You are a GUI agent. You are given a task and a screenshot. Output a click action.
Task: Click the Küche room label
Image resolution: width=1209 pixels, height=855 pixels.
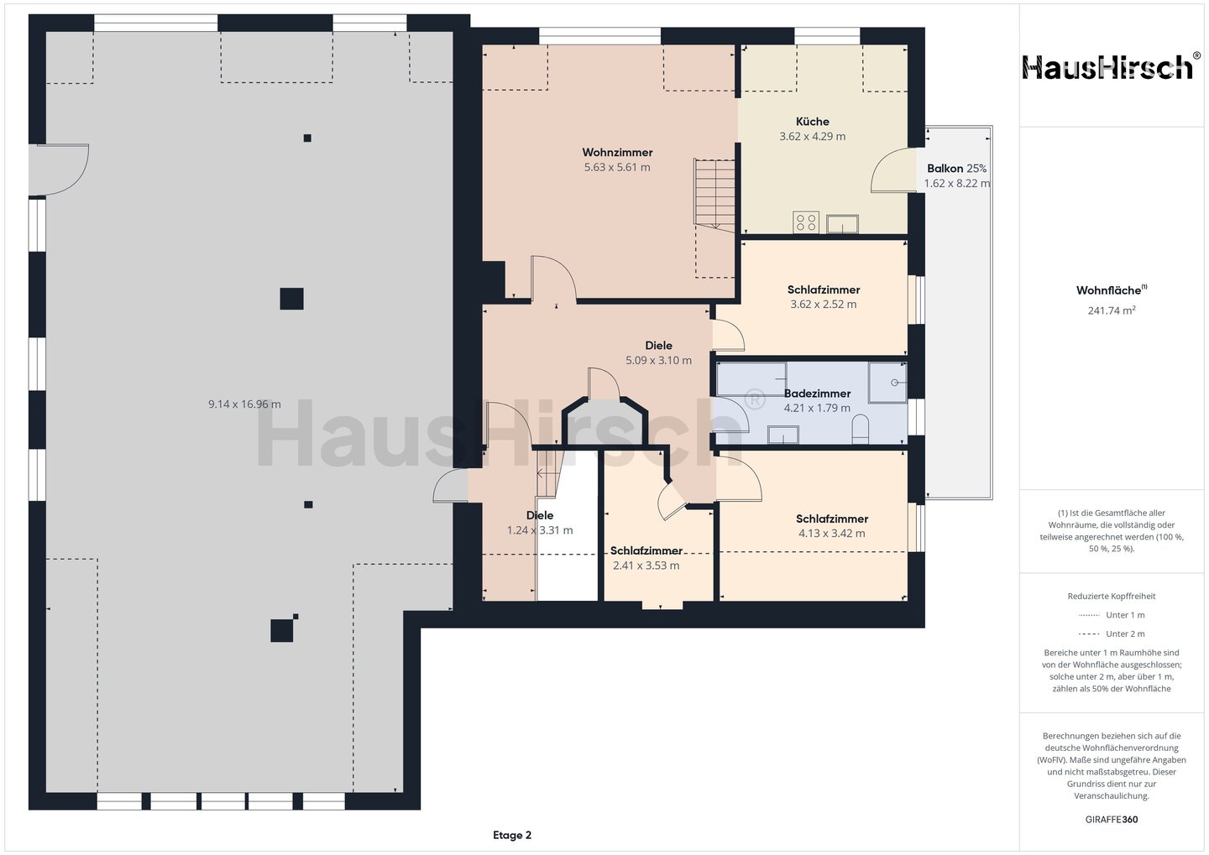pos(813,122)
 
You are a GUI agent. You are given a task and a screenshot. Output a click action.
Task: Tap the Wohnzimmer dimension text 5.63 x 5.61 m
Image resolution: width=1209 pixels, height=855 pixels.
pos(617,167)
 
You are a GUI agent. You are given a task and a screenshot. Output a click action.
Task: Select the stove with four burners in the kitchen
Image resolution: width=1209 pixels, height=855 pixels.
pos(806,222)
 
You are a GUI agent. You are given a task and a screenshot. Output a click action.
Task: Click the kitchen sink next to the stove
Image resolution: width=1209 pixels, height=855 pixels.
pos(843,224)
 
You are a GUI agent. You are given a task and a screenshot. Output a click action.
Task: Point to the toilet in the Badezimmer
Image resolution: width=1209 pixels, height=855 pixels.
pos(861,430)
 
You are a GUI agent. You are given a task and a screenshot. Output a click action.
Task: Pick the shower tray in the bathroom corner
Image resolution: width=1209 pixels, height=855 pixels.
pos(887,383)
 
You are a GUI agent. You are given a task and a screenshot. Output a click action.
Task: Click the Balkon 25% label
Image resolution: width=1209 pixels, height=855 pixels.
pos(956,169)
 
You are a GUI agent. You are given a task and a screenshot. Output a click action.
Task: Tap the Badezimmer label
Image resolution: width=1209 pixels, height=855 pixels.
pos(817,394)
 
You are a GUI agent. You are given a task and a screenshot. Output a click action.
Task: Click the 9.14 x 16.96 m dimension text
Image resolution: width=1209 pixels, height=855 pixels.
pos(244,404)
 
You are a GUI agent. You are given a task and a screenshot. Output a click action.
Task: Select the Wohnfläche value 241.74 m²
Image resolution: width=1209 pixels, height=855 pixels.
pos(1112,310)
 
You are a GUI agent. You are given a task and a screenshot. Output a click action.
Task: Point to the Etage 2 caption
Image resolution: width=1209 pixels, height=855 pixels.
pos(511,835)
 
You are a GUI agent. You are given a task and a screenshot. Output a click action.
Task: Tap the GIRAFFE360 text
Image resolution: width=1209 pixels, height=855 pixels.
pos(1112,820)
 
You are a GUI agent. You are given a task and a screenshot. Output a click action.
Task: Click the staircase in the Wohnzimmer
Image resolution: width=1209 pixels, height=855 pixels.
pos(714,195)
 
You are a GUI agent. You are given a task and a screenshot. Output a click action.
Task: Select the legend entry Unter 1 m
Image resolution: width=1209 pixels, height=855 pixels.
pos(1112,615)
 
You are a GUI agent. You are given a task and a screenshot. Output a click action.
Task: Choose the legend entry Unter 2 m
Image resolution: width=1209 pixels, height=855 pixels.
pos(1112,633)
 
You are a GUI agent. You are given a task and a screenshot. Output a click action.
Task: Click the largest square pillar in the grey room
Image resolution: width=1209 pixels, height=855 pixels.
pos(291,299)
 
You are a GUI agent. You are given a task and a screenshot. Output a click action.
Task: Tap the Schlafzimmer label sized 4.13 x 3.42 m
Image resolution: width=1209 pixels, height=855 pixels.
pos(832,519)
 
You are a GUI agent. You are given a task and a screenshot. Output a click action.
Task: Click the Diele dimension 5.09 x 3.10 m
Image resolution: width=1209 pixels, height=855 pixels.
pos(658,360)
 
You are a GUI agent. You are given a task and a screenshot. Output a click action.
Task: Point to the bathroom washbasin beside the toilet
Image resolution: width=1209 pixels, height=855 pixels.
pos(783,435)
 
